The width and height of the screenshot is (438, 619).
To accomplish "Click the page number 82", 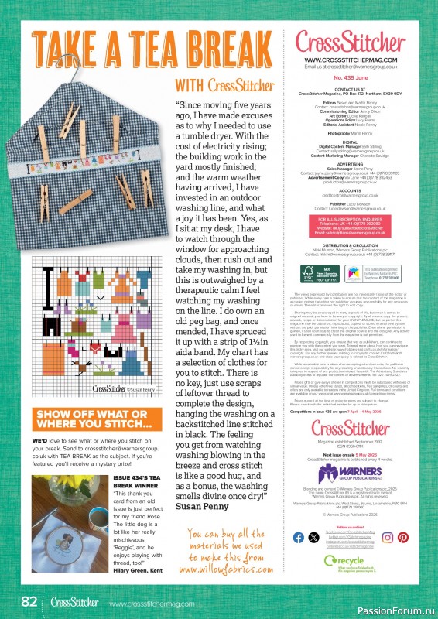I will point(29,602).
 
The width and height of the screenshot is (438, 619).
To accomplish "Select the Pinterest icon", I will point(402,537).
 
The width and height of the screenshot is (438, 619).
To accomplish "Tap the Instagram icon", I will point(387,537).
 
